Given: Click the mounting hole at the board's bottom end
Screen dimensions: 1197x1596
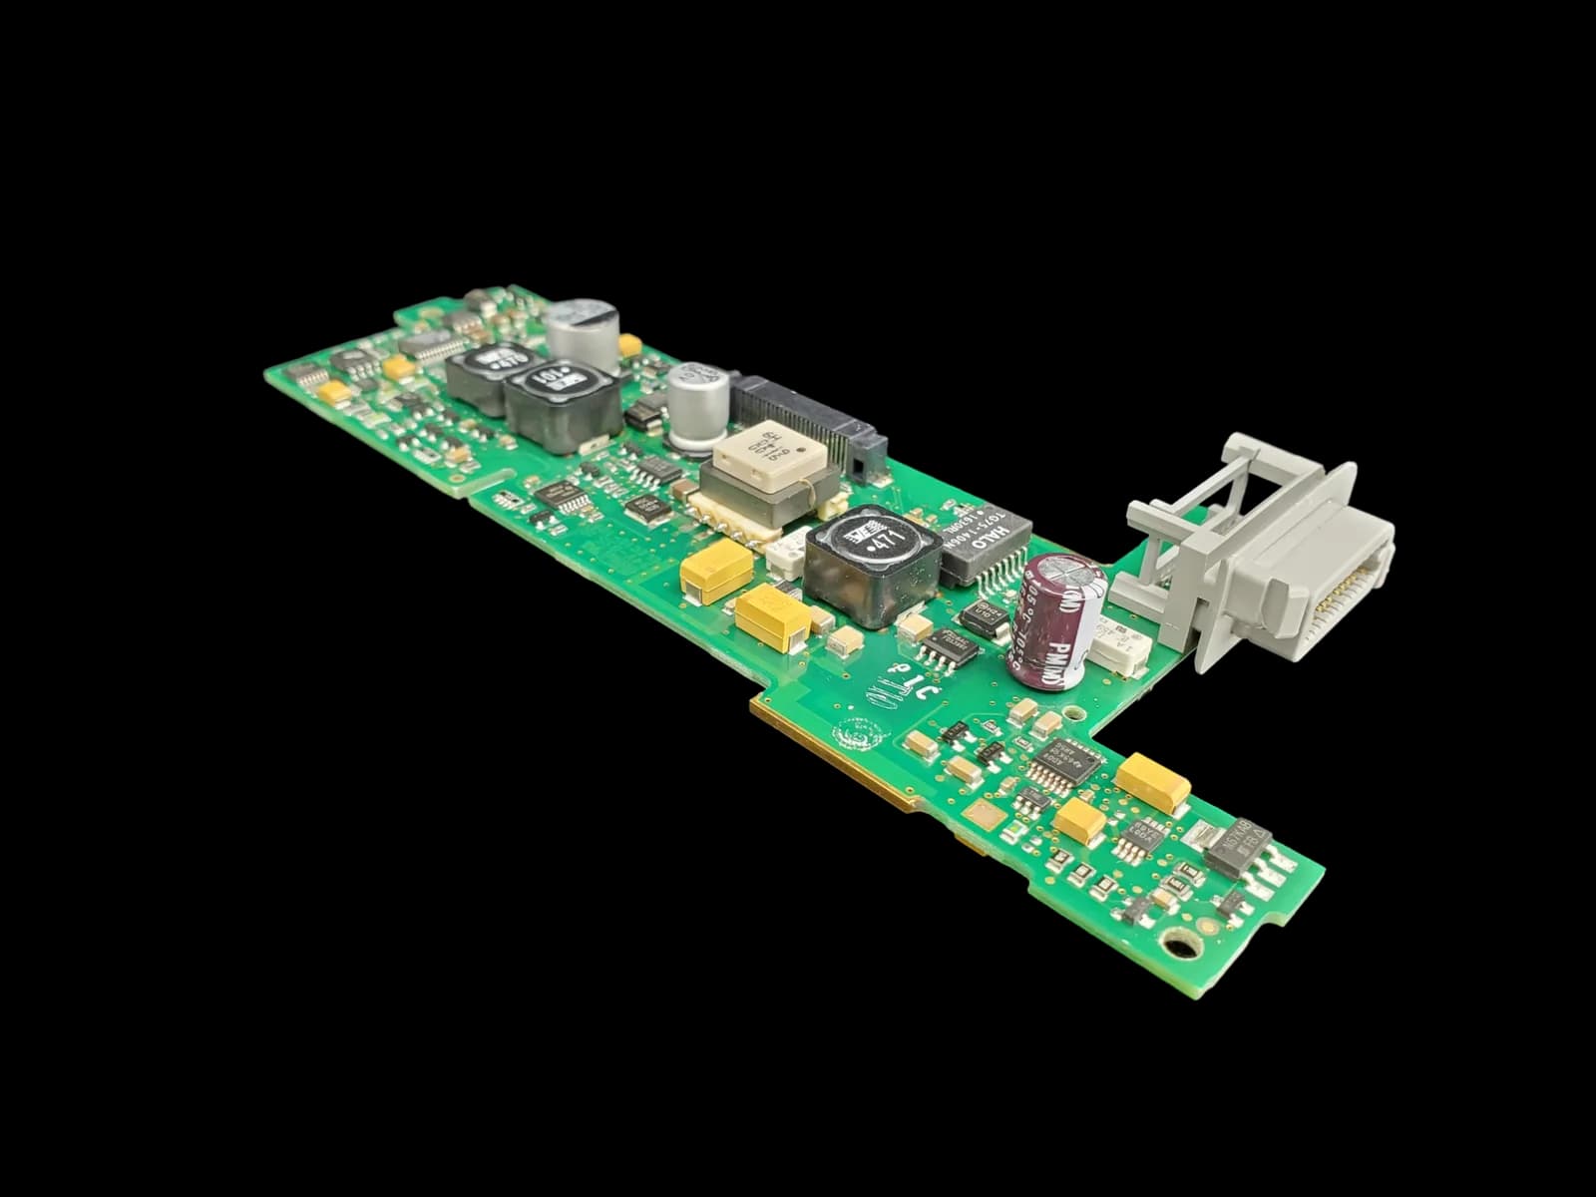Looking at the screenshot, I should click(x=1180, y=942).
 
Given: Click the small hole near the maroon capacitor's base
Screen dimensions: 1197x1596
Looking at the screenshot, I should click(x=1073, y=712).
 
